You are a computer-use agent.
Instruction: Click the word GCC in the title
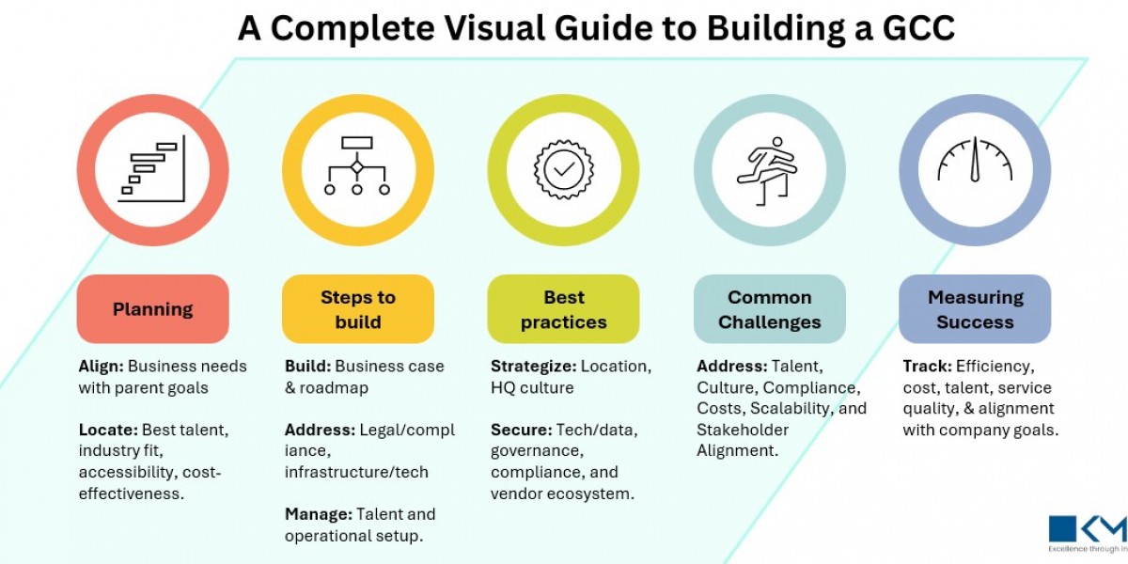click(911, 28)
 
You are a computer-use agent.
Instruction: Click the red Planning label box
click(152, 309)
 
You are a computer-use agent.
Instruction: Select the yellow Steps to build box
click(358, 309)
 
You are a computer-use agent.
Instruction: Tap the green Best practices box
click(563, 309)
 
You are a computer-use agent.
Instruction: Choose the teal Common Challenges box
click(770, 309)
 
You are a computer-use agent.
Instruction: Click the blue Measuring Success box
click(975, 309)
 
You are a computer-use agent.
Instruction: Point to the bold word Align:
click(102, 366)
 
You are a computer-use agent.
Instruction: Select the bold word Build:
click(307, 366)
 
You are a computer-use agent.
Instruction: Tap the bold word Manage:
click(318, 514)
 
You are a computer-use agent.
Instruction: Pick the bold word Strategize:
click(533, 366)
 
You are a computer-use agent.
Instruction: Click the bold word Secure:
click(521, 430)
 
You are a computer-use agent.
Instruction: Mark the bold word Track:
click(927, 366)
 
